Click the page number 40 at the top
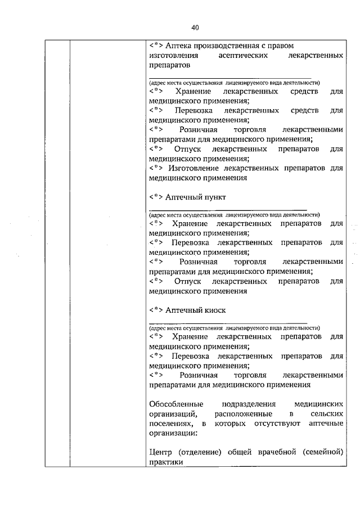click(x=195, y=27)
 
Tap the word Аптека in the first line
click(x=179, y=45)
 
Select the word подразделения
click(x=247, y=404)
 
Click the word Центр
click(x=163, y=452)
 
